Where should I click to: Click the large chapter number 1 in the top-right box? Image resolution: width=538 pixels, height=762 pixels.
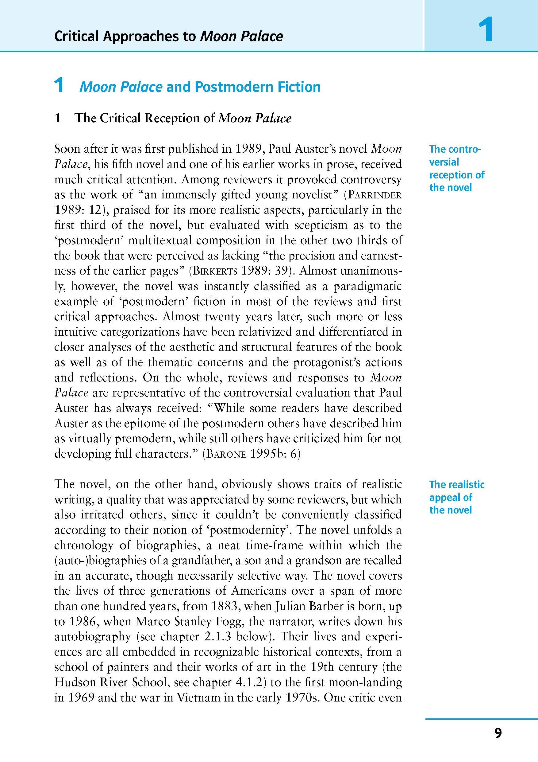coord(485,30)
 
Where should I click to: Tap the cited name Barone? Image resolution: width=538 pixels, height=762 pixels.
coord(226,454)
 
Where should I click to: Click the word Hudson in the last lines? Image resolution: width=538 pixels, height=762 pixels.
coord(73,683)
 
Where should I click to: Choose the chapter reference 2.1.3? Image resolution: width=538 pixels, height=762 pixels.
coord(218,637)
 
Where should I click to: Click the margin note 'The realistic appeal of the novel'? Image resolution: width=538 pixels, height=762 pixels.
coord(456,497)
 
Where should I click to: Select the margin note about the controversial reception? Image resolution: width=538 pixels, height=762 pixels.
coord(456,168)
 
